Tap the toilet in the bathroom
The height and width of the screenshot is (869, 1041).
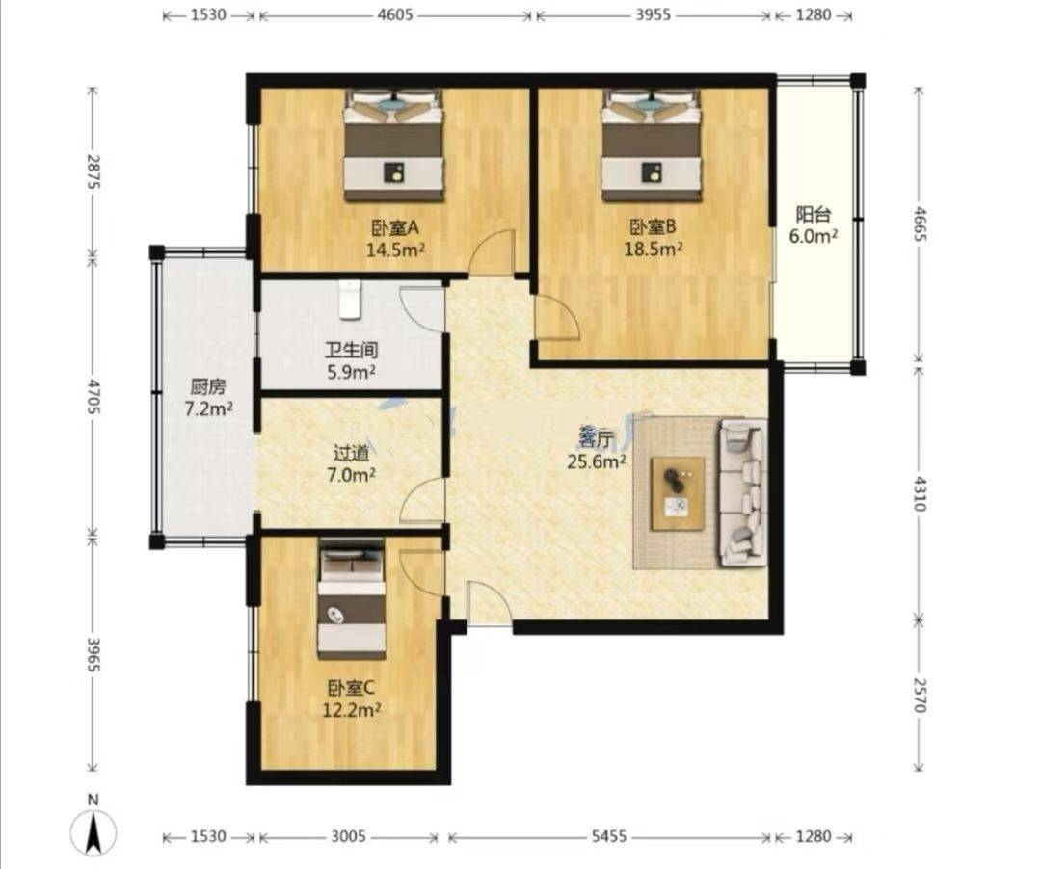coord(349,300)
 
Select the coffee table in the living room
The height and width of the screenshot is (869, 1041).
coord(678,493)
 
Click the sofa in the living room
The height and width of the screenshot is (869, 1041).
coord(742,493)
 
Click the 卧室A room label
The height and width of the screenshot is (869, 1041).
coord(395,228)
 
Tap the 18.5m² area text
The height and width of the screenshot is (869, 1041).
coord(654,250)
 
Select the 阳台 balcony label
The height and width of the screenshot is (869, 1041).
coord(814,215)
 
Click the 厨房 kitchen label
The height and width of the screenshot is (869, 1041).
coord(208,386)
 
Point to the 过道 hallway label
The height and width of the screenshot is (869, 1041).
coord(351,453)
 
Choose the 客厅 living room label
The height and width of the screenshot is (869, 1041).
coord(596,438)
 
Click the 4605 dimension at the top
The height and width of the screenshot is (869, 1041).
coord(395,14)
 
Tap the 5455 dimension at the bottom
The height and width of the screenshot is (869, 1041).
coord(609,837)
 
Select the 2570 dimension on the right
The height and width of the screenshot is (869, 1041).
coord(919,695)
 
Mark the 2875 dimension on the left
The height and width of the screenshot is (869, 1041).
coord(93,171)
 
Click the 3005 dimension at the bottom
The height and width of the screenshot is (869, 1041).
coord(349,837)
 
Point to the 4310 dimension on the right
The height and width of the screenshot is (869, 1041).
coord(919,493)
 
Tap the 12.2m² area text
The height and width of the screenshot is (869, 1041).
coord(351,711)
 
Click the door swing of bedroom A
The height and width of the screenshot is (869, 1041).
coord(493,251)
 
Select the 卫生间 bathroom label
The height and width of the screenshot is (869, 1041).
coord(351,350)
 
